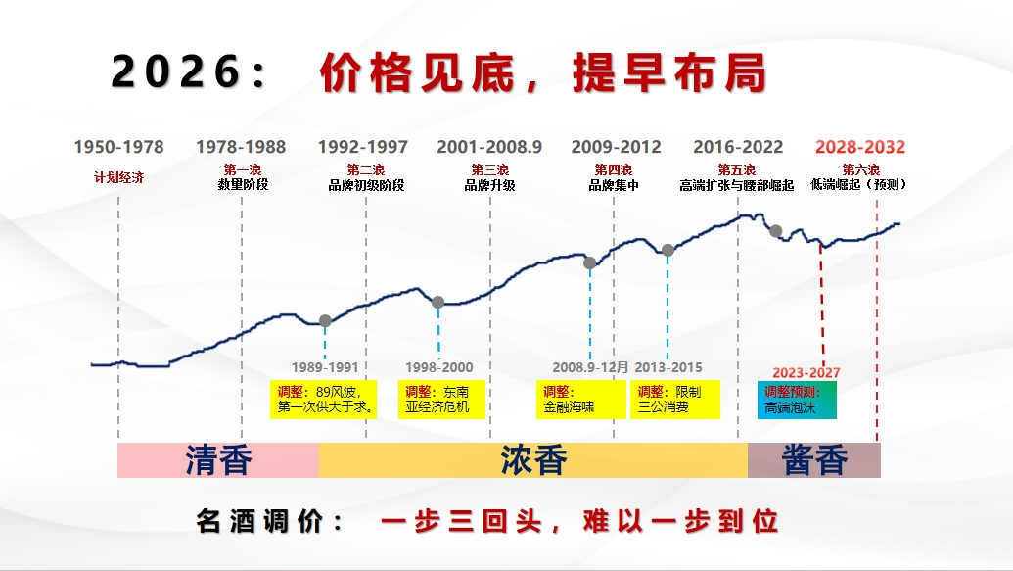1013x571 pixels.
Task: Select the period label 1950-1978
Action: [x=118, y=147]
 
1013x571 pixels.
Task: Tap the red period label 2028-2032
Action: [x=860, y=147]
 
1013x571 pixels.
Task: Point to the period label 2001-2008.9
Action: [x=489, y=147]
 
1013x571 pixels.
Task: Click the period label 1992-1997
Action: [x=363, y=147]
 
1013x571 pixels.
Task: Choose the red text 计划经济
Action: [x=118, y=177]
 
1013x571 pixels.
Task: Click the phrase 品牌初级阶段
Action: [x=366, y=185]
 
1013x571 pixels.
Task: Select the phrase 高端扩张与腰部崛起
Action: [x=737, y=185]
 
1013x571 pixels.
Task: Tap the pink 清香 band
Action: [x=218, y=460]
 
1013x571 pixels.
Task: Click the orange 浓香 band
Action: [x=533, y=460]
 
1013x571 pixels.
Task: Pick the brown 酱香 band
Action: [x=814, y=460]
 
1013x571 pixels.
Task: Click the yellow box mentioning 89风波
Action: [x=324, y=400]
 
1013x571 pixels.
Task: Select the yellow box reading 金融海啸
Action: [x=581, y=400]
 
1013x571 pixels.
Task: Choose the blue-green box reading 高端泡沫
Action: [x=797, y=401]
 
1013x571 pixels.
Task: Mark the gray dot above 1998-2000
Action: [x=437, y=302]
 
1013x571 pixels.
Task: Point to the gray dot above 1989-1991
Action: [x=325, y=320]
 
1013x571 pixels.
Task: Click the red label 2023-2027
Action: [x=806, y=373]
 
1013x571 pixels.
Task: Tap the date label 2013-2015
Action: [x=668, y=367]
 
